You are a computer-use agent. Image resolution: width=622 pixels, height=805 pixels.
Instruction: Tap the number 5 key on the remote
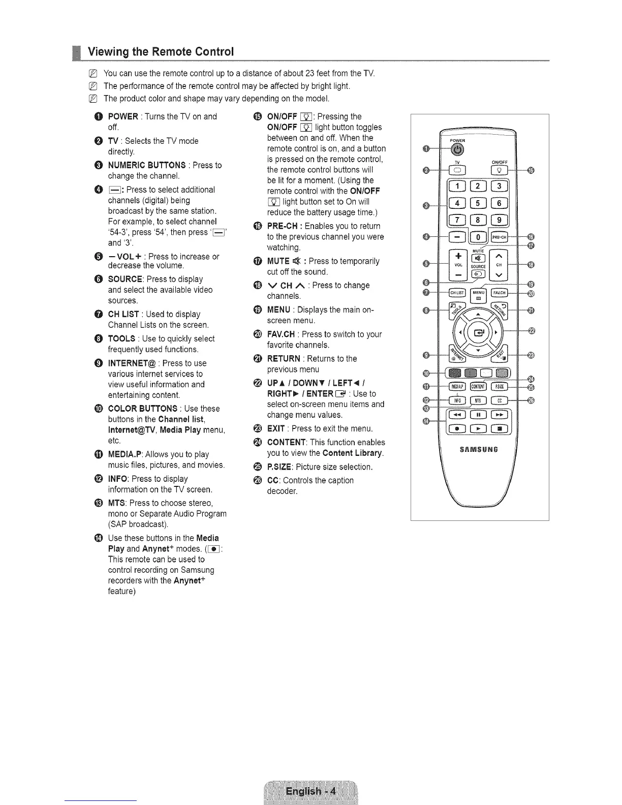tap(477, 203)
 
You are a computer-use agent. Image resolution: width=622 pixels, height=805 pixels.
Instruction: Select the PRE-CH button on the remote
tap(500, 237)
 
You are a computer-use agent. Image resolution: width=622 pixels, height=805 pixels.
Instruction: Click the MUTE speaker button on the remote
tap(478, 258)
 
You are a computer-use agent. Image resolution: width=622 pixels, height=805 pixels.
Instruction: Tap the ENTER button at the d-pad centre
tap(478, 333)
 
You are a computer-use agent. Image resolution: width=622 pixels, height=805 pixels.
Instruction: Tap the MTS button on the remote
tap(478, 400)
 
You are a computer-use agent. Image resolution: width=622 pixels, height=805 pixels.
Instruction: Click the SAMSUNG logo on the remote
tap(478, 449)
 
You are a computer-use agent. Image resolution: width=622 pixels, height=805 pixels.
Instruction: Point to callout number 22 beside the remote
tap(532, 331)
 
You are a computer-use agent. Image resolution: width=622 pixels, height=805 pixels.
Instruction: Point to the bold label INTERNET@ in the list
tap(132, 363)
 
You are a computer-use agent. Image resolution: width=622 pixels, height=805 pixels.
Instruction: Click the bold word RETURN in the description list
tap(284, 358)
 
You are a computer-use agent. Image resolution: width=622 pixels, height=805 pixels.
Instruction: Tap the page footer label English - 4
tap(310, 791)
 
